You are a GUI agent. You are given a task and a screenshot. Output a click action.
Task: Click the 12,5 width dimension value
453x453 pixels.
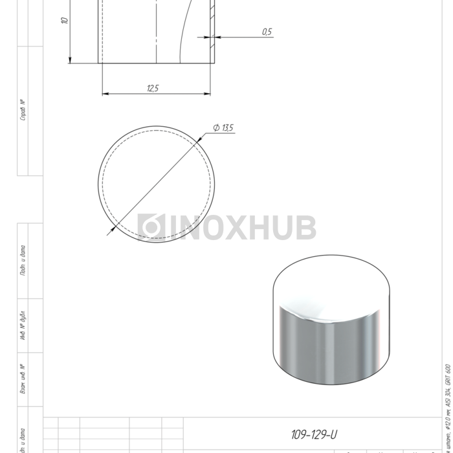click(153, 88)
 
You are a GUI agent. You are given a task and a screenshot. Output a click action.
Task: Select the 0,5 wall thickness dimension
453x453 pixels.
click(267, 32)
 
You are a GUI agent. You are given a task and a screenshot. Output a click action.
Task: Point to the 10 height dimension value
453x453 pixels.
click(64, 21)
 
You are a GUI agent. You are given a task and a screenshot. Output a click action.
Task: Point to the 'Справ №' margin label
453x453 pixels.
click(23, 110)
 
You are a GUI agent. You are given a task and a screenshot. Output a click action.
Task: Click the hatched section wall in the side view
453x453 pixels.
click(213, 26)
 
